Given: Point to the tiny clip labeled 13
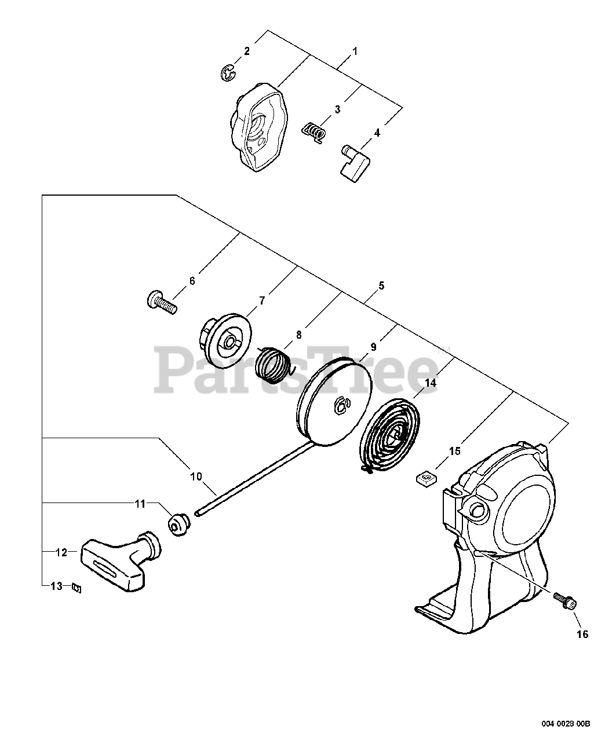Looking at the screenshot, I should [x=75, y=588].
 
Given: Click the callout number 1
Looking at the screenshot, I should [x=355, y=52].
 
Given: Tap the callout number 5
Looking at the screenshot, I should [x=381, y=285].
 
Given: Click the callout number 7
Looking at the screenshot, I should [x=262, y=300].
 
